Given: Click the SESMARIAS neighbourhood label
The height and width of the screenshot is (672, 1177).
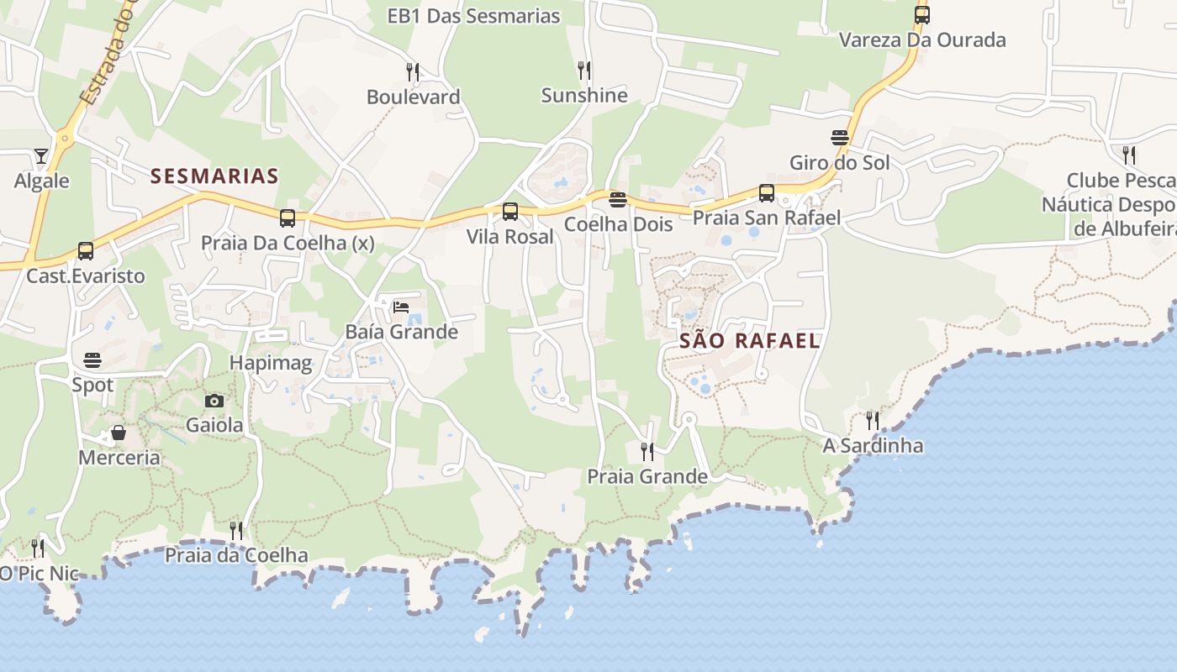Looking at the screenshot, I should [214, 176].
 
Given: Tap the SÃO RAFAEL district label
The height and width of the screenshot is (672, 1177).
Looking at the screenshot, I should [749, 340].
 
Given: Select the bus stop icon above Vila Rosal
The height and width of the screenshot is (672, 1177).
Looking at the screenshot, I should [510, 212].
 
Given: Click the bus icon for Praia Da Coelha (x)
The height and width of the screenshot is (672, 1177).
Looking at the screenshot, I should [288, 218].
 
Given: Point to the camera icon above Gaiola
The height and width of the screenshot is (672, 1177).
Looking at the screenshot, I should [214, 401].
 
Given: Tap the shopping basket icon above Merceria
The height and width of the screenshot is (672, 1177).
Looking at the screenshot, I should [119, 433].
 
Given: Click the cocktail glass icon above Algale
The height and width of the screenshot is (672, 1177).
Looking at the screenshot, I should [41, 156].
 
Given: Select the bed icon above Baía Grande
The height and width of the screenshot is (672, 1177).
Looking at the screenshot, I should [401, 307].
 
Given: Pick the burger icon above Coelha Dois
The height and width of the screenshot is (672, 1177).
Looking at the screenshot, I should [618, 200].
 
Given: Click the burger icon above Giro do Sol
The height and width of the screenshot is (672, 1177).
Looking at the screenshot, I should [839, 138].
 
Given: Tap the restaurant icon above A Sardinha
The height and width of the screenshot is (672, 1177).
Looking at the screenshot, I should [873, 420].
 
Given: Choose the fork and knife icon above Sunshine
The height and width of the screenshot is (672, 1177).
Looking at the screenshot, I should [584, 70].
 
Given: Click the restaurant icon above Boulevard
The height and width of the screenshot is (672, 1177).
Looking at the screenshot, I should [413, 71].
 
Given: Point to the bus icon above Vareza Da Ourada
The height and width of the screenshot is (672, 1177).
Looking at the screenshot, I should [922, 15].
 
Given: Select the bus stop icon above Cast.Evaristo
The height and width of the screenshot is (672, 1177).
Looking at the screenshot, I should [86, 250].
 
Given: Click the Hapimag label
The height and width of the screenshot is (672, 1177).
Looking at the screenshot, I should [271, 364].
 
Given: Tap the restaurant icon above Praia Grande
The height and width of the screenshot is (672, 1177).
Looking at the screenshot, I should [647, 452].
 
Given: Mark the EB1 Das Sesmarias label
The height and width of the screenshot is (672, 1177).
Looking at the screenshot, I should [473, 16].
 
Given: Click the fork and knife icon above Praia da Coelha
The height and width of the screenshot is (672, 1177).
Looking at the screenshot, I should [236, 531].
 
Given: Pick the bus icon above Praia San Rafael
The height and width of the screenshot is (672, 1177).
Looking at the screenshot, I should [767, 193].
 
